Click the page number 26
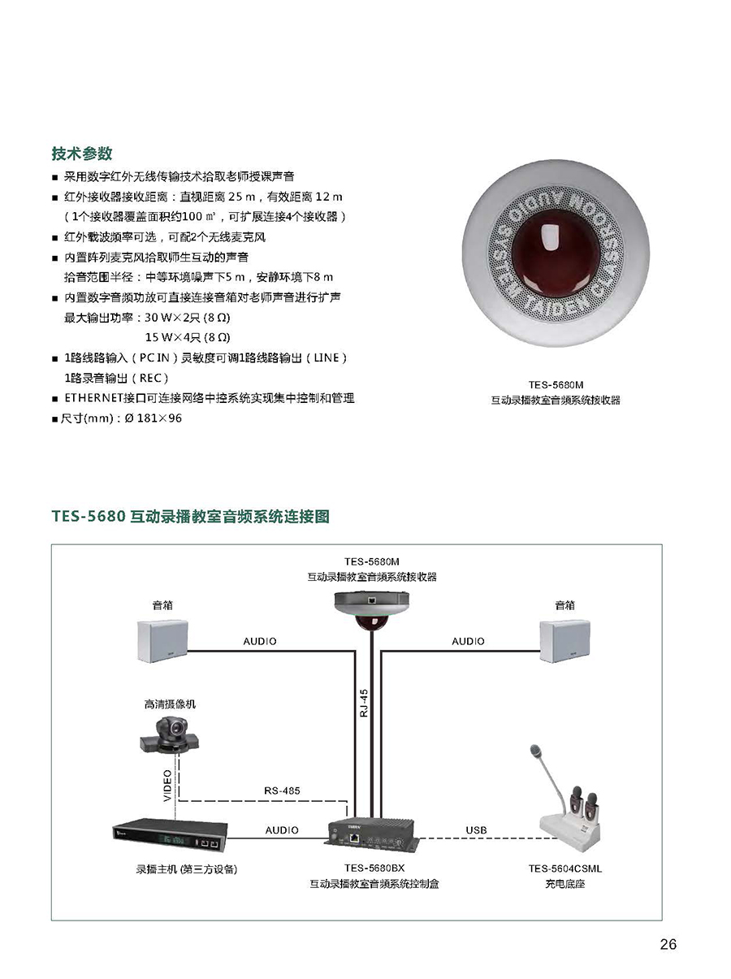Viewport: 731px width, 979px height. coord(668,944)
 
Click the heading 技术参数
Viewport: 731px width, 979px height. coord(81,153)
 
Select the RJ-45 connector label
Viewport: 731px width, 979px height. coord(364,704)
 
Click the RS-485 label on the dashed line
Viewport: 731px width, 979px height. coord(282,791)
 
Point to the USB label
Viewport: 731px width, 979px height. coord(476,830)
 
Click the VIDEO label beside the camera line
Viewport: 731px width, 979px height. coord(167,786)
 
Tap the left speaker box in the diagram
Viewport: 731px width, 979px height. coord(162,640)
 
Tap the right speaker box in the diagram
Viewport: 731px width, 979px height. coord(564,640)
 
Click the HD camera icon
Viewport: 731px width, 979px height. coord(170,735)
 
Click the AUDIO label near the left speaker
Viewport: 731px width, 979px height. coord(260,641)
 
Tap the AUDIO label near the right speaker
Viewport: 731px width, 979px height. coord(468,641)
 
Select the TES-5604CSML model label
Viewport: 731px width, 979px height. coord(565,869)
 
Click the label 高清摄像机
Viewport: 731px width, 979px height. coord(170,704)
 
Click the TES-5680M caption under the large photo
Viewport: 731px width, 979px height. coord(556,384)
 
